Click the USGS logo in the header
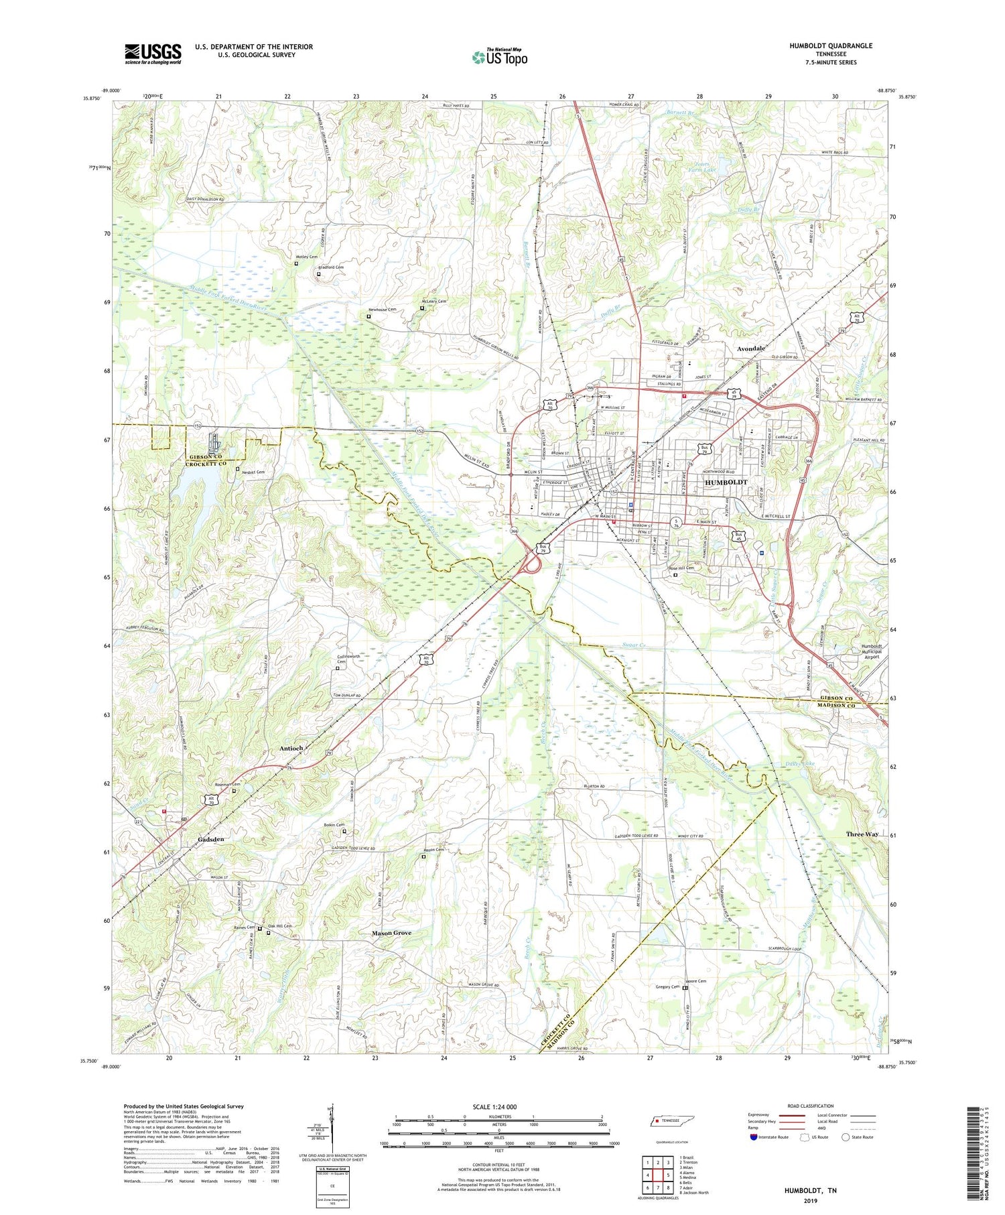click(x=153, y=54)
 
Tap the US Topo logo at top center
click(x=499, y=58)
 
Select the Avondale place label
click(x=750, y=349)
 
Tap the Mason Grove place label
click(x=392, y=933)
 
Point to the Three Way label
click(x=862, y=834)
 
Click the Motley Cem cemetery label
click(x=307, y=257)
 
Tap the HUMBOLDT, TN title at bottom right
click(x=810, y=1191)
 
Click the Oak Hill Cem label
click(x=280, y=926)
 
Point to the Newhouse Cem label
click(x=383, y=310)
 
